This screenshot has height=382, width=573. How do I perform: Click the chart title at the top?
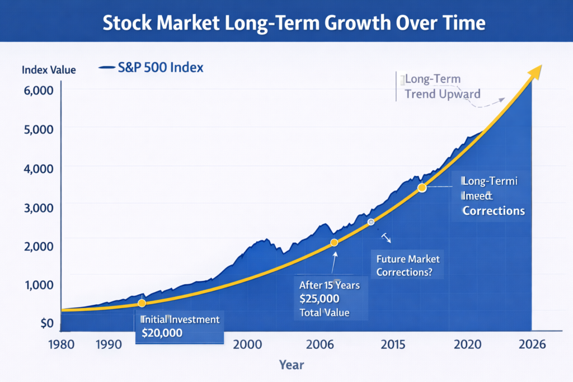tap(286, 22)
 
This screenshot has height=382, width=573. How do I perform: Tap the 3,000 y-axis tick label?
tap(37, 207)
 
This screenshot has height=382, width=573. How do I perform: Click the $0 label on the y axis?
tap(46, 324)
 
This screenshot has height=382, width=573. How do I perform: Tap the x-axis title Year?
tap(292, 365)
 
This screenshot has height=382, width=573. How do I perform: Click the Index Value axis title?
tap(48, 70)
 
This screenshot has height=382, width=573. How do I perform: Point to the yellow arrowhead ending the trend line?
tap(536, 70)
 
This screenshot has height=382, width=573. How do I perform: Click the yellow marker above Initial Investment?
tap(142, 303)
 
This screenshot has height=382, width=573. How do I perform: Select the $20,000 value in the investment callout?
tap(162, 333)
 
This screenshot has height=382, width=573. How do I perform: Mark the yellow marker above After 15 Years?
tap(334, 242)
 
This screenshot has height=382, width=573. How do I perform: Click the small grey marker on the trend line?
tap(370, 222)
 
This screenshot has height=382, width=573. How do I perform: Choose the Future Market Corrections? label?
tap(408, 266)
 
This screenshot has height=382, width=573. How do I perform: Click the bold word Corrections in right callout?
tap(493, 211)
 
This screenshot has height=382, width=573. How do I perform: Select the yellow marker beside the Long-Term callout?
tap(422, 188)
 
